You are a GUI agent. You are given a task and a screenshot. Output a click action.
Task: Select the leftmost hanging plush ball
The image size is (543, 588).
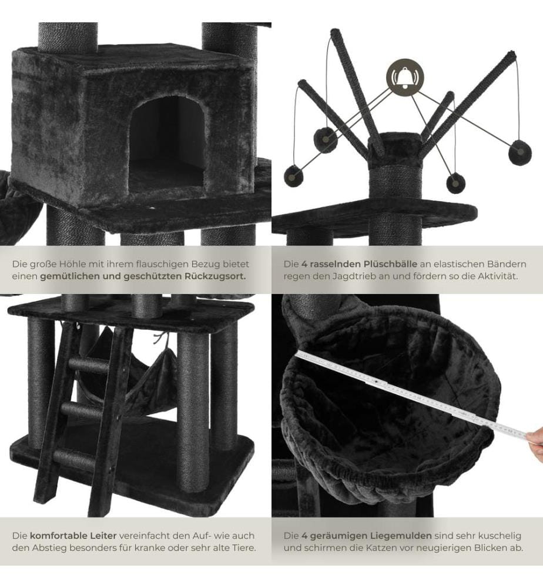294,176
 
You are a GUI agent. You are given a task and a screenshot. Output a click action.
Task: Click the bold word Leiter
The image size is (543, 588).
103,536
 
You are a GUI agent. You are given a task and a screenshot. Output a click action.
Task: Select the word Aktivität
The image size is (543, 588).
498,277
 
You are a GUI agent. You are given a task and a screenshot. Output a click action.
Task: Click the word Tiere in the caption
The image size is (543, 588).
243,548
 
